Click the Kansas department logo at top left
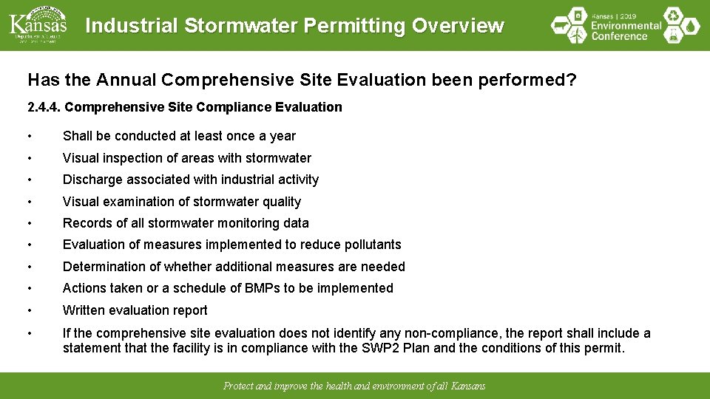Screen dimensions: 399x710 (38, 24)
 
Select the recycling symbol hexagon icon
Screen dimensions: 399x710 (672, 16)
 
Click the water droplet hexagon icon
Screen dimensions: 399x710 (691, 27)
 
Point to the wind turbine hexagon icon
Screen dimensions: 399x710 (561, 27)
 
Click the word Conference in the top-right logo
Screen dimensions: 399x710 (620, 36)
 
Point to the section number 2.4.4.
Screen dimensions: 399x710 (44, 107)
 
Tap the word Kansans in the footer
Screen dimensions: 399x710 (468, 386)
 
